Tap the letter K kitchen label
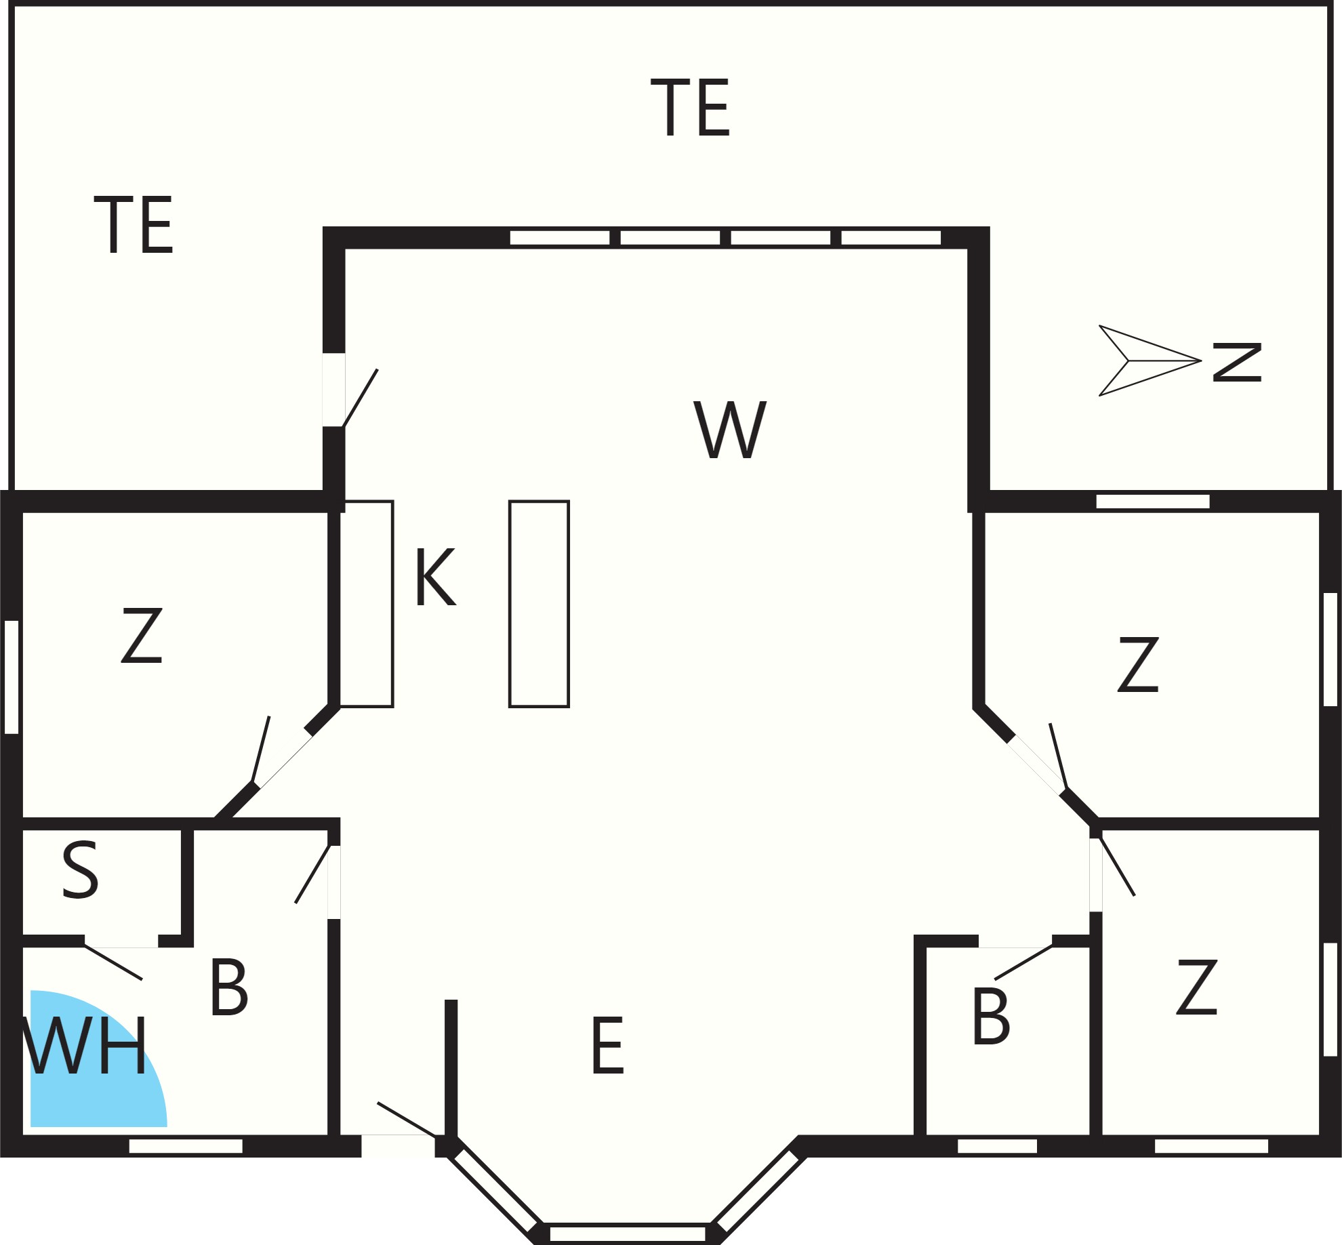coord(436,576)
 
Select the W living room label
coord(730,430)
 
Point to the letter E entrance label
coord(607,1045)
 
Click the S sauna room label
coord(81,870)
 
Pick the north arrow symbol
coord(1150,361)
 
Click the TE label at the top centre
coord(690,107)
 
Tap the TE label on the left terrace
coord(134,225)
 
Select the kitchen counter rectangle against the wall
coord(367,604)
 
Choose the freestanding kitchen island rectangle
coord(540,604)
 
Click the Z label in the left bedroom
coord(142,635)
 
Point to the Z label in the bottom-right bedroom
coord(1197,987)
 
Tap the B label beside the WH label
coord(229,987)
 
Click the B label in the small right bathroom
coord(991,1016)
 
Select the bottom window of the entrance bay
coord(628,1233)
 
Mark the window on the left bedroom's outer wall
coord(12,677)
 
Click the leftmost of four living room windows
coord(560,238)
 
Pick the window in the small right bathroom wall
coord(997,1146)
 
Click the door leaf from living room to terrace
coord(361,399)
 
